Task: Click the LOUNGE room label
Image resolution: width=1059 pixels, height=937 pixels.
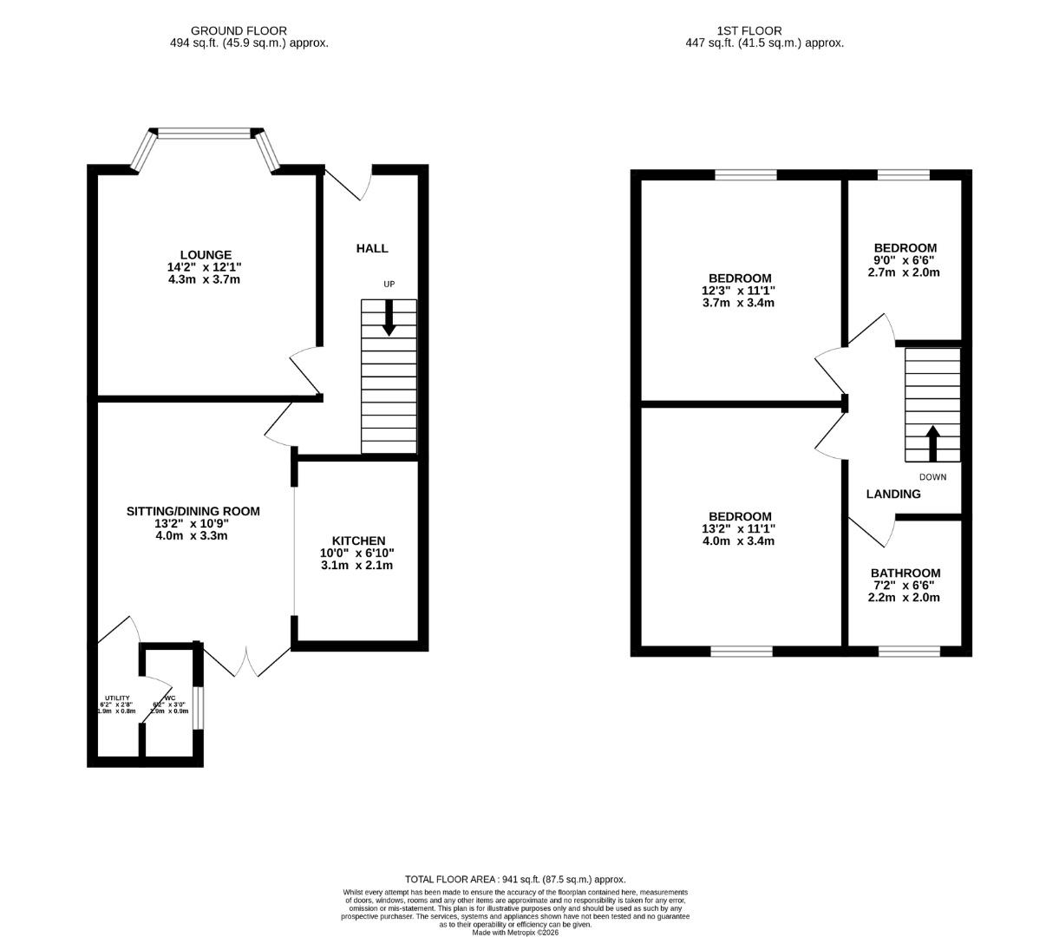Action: point(206,255)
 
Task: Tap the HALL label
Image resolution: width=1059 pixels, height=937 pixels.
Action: point(372,248)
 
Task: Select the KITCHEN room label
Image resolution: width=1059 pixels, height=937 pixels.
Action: point(356,541)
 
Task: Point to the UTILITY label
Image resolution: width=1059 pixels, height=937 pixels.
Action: point(117,698)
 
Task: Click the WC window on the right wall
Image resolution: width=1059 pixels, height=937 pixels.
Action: point(198,707)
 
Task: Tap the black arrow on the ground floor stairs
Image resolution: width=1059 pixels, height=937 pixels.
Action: point(389,318)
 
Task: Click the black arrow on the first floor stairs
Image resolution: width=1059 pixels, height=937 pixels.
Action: point(933,442)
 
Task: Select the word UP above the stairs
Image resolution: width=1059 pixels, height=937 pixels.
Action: point(389,285)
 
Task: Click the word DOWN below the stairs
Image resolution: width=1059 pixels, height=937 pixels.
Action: point(933,477)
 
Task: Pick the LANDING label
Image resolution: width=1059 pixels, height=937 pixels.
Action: point(893,494)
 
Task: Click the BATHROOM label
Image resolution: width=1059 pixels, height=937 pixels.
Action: point(905,573)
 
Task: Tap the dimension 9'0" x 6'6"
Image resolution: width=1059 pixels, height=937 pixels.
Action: point(905,259)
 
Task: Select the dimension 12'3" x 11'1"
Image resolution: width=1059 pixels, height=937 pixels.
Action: point(737,291)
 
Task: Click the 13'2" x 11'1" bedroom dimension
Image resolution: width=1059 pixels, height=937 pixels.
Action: point(737,528)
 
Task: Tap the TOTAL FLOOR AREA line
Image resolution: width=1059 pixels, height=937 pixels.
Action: point(515,879)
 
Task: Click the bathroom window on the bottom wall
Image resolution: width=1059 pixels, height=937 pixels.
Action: point(909,651)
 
